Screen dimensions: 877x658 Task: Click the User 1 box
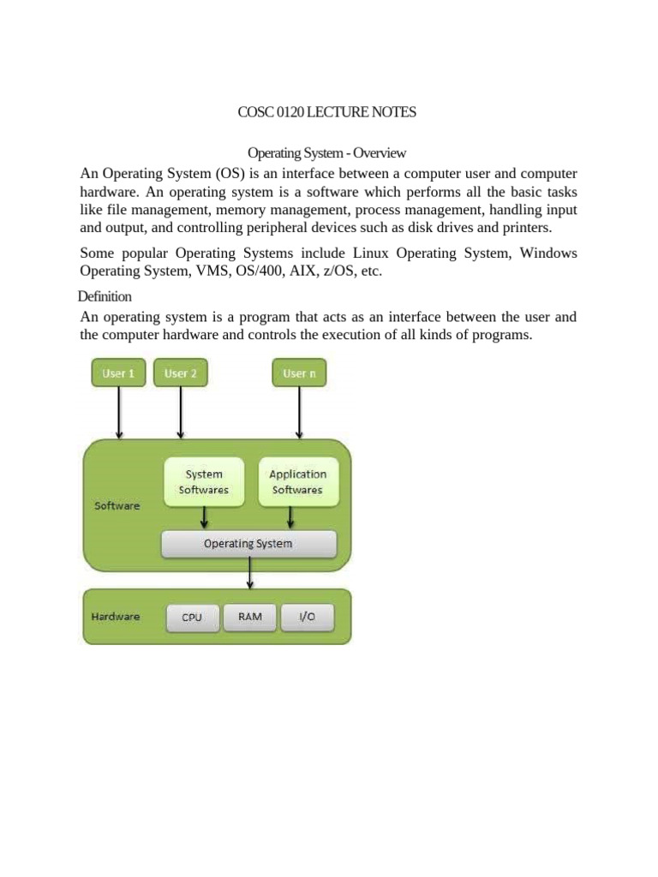[x=118, y=373]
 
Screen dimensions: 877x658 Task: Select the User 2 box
[x=180, y=373]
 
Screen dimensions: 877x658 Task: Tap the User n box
[x=299, y=373]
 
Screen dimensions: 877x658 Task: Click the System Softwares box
[x=204, y=481]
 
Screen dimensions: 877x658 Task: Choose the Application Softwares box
[x=297, y=481]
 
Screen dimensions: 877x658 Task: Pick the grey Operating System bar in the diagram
[x=248, y=544]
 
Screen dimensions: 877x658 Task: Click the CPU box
[x=192, y=617]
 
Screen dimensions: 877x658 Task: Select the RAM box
[x=250, y=617]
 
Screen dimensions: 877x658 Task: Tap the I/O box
[x=305, y=617]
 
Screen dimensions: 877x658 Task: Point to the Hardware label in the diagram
[x=116, y=616]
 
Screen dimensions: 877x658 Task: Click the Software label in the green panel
[x=117, y=505]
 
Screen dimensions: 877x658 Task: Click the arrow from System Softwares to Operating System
[x=204, y=516]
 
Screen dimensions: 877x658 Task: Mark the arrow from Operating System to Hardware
[x=250, y=571]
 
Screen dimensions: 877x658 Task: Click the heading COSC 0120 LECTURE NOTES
[x=326, y=112]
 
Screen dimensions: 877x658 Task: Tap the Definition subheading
[x=105, y=296]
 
